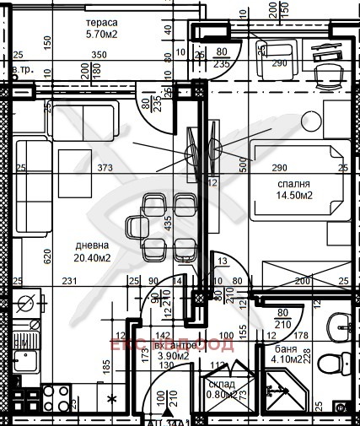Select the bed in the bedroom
point(299,181)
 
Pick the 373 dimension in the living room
point(105,169)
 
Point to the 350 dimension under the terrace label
point(99,56)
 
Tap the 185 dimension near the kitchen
point(105,366)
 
